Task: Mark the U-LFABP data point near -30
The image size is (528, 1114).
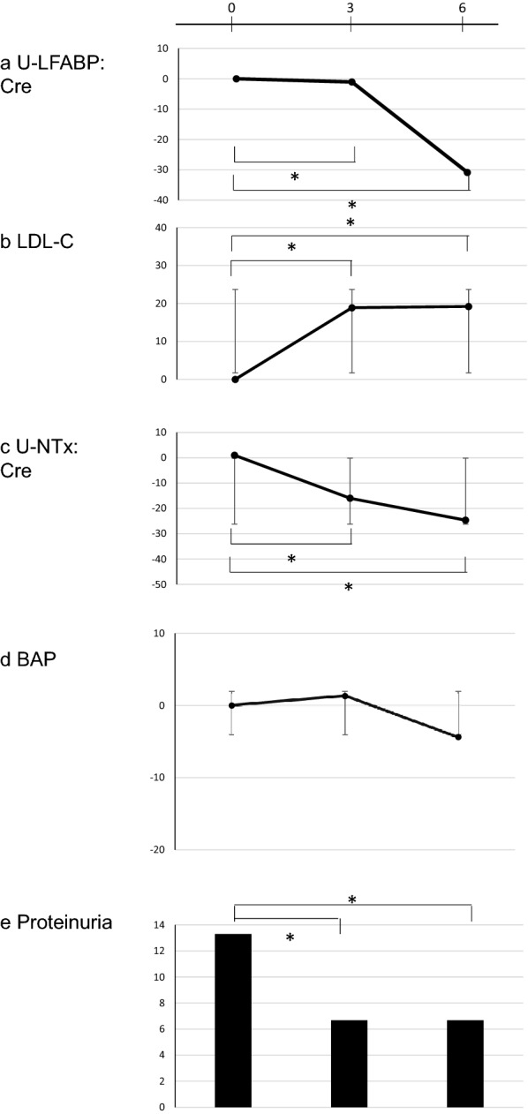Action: [x=467, y=172]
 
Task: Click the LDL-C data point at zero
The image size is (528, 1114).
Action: [x=235, y=380]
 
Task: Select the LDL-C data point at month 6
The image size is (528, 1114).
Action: [x=468, y=306]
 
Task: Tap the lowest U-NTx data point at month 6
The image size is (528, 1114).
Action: [x=465, y=520]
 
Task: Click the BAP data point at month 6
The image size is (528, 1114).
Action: [x=458, y=736]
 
